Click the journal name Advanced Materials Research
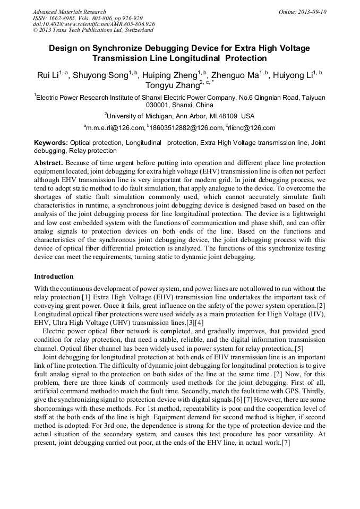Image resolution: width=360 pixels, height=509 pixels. [69, 12]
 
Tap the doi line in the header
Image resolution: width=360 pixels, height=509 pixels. [93, 24]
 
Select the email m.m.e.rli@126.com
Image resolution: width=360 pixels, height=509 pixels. [115, 128]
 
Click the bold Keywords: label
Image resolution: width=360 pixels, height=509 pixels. [51, 143]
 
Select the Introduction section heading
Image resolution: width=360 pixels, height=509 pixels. [54, 277]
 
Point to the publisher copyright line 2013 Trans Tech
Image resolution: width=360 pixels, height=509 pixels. [93, 30]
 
